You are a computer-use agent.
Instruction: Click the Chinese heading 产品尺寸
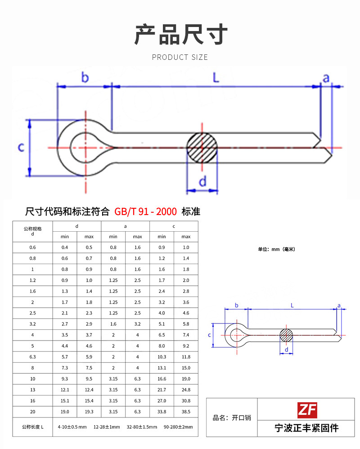(x=181, y=35)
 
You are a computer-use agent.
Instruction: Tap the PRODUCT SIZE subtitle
(x=180, y=57)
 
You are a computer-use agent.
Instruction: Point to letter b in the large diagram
(x=85, y=77)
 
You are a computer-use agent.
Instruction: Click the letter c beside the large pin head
(x=21, y=147)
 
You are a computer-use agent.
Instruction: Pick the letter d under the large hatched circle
(x=202, y=181)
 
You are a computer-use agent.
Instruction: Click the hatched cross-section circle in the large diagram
(x=202, y=148)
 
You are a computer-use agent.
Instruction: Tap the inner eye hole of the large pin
(x=85, y=147)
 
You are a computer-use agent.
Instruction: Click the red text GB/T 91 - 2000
(x=146, y=211)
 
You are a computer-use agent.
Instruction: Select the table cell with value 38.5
(x=186, y=412)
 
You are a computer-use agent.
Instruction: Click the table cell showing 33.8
(x=162, y=412)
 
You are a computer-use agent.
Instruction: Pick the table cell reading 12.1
(x=65, y=390)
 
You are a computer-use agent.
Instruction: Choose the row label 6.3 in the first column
(x=32, y=357)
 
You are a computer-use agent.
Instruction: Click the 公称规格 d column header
(x=32, y=231)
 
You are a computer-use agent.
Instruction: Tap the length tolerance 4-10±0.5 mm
(x=72, y=427)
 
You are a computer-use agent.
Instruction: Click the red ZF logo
(x=307, y=410)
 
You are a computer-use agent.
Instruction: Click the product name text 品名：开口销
(x=232, y=418)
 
